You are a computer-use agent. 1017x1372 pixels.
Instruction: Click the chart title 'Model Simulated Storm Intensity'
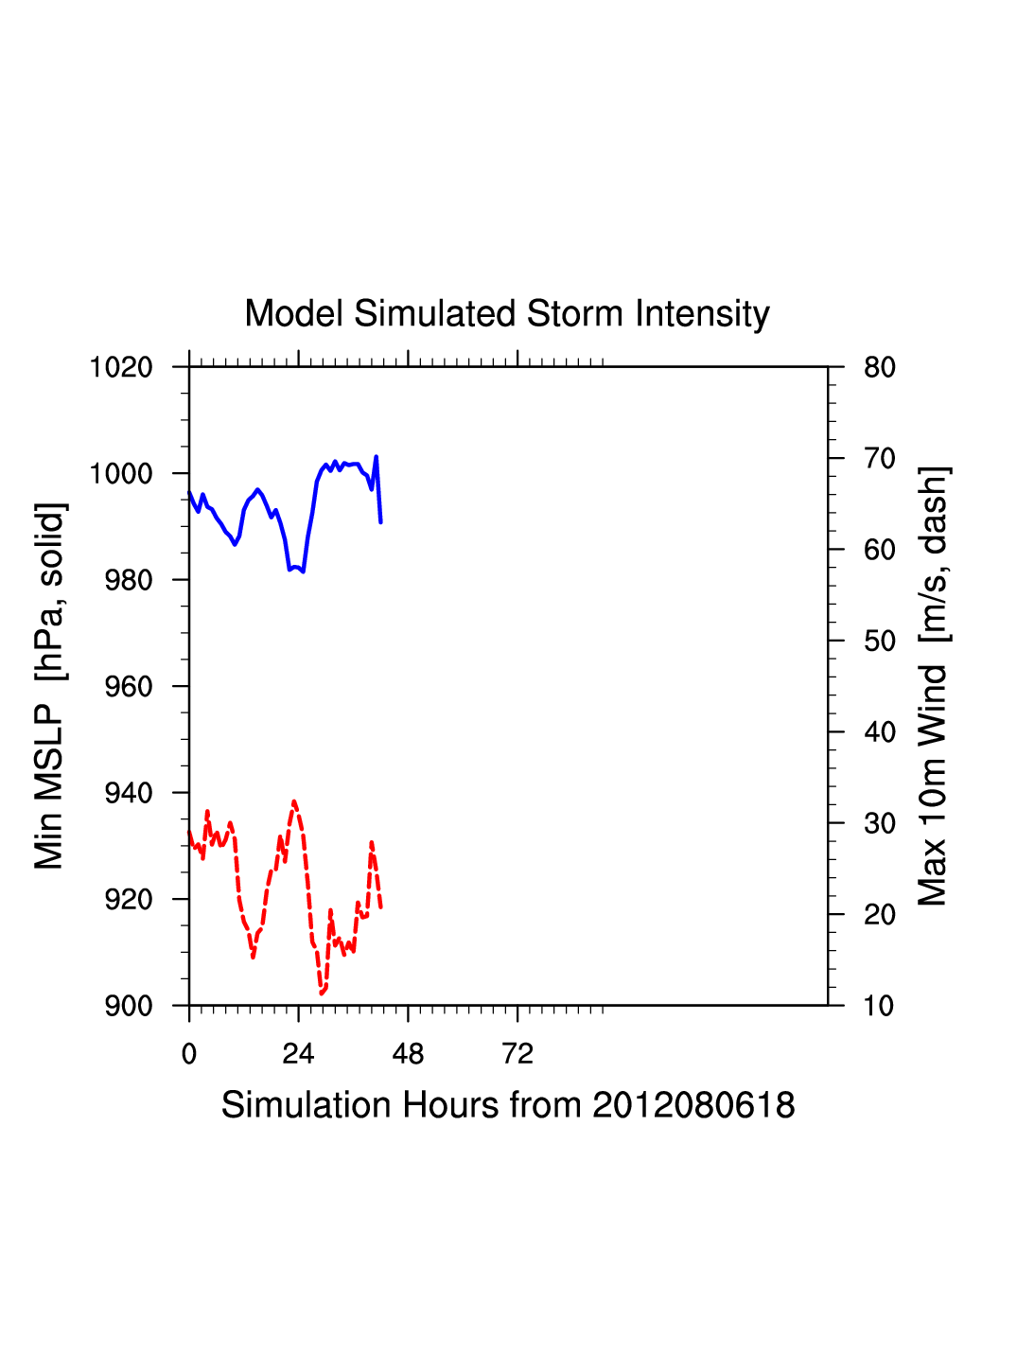(x=507, y=314)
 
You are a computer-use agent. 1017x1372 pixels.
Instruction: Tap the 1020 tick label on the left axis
(x=121, y=367)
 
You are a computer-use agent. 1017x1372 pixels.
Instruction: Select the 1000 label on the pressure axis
(x=121, y=473)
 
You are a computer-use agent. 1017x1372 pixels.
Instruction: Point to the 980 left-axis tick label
(x=129, y=580)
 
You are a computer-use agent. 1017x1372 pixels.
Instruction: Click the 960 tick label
(x=129, y=687)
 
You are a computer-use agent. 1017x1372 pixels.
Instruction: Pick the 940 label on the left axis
(x=129, y=793)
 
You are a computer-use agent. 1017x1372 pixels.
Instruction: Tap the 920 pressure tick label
(x=129, y=900)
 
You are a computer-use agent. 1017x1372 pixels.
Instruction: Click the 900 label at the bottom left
(x=129, y=1006)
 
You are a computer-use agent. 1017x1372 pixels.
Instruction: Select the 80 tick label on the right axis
(x=880, y=367)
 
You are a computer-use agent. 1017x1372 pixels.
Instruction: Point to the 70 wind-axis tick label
(x=880, y=459)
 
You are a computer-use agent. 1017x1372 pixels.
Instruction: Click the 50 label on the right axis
(x=880, y=642)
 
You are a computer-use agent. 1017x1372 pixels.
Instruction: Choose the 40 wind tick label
(x=880, y=732)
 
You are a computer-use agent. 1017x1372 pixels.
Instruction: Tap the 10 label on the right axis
(x=880, y=1006)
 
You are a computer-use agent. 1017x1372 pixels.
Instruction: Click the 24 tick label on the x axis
(x=298, y=1054)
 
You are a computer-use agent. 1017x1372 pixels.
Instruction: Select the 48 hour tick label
(x=408, y=1054)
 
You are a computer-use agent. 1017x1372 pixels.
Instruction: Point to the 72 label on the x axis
(x=517, y=1054)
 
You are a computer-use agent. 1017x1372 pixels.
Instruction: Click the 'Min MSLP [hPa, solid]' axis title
(x=49, y=686)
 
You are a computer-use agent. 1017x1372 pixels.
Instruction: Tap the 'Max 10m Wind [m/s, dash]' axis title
(x=933, y=686)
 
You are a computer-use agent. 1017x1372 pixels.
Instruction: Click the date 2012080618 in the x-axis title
(x=693, y=1105)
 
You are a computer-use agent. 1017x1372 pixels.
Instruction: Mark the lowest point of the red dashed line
(x=322, y=994)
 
